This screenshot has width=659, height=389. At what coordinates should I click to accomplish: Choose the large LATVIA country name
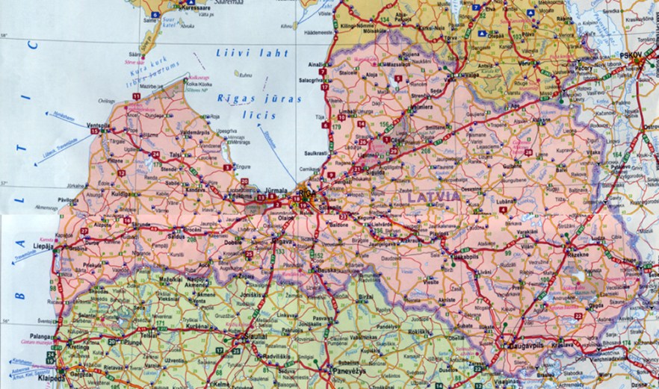point(434,196)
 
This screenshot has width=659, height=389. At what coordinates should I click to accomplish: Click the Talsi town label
point(176,155)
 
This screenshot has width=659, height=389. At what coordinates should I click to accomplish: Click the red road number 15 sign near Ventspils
point(94,131)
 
